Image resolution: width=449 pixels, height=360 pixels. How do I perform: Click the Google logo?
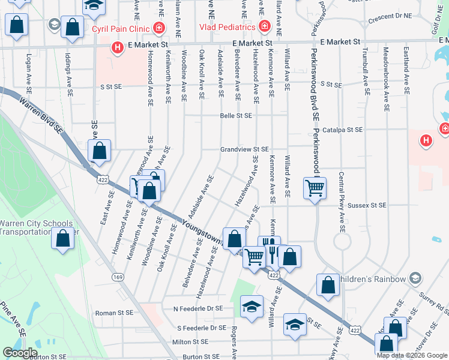tap(20, 353)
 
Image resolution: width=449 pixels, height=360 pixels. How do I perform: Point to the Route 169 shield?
tap(118, 277)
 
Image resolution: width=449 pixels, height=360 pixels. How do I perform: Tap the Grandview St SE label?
tap(244, 149)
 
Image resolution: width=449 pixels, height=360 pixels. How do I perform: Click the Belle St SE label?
tap(236, 115)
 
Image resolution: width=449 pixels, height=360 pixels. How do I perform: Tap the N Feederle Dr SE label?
tap(197, 308)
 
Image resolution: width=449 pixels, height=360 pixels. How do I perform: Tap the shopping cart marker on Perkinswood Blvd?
tap(315, 188)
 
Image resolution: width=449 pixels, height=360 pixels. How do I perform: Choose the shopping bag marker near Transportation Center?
tap(63, 238)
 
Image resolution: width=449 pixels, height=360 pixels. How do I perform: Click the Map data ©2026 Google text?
tap(412, 355)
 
